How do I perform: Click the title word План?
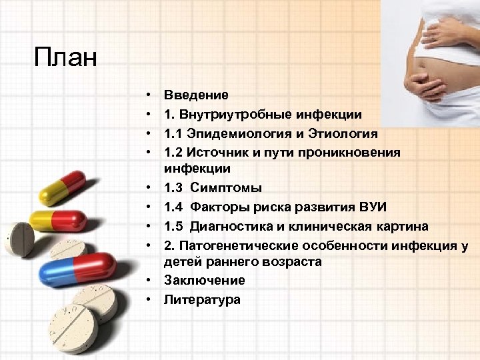pos(65,57)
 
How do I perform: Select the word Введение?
pos(196,95)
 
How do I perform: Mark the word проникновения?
pos(349,152)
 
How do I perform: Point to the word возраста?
pos(291,262)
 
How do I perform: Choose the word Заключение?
pos(204,280)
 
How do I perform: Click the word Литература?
pos(202,299)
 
